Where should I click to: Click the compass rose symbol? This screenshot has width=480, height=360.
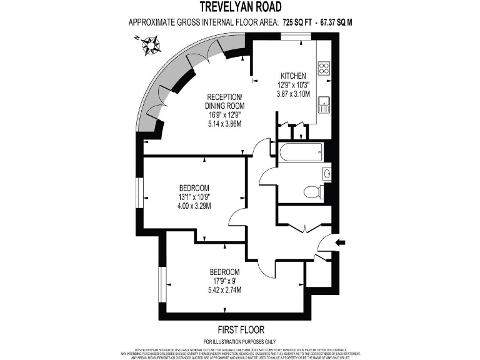click(x=151, y=44)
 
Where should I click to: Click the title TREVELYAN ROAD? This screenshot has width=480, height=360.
click(x=240, y=7)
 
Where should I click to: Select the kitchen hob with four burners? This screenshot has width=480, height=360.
click(x=324, y=67)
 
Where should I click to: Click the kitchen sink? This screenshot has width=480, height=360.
click(x=324, y=104)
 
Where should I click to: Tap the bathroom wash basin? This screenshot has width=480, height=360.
click(x=326, y=172)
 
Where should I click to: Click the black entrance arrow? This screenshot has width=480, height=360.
click(x=340, y=242)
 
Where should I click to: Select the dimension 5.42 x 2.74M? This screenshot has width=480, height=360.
click(x=224, y=290)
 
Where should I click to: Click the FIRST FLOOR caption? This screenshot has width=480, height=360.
click(x=239, y=329)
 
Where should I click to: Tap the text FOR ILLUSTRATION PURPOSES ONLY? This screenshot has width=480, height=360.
click(x=239, y=341)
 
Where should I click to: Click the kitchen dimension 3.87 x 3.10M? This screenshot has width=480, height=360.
click(x=294, y=94)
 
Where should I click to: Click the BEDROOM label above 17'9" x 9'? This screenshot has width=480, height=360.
click(x=224, y=272)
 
